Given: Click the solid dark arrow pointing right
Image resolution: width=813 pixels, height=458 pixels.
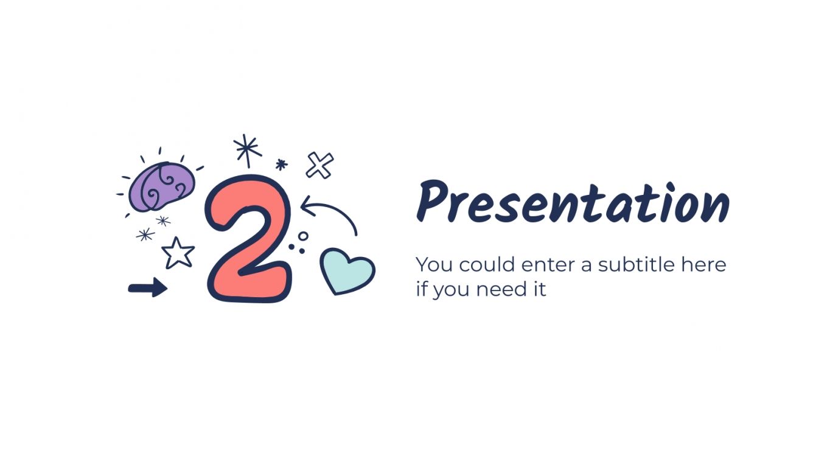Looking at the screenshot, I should tap(148, 287).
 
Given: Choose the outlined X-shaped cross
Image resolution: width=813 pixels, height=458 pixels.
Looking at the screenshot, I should tap(319, 165).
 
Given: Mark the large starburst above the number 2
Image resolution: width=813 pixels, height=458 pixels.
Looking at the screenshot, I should tap(247, 150).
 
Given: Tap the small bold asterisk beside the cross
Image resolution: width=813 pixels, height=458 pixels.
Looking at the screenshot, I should tap(281, 164).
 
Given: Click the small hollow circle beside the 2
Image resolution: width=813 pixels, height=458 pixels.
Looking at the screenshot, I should tap(303, 236).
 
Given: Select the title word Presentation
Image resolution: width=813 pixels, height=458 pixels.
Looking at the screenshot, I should tap(572, 203).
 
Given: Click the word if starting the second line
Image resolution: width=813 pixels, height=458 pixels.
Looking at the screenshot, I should tap(421, 289).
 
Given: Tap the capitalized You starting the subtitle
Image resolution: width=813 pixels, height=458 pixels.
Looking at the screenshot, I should tap(434, 265).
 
